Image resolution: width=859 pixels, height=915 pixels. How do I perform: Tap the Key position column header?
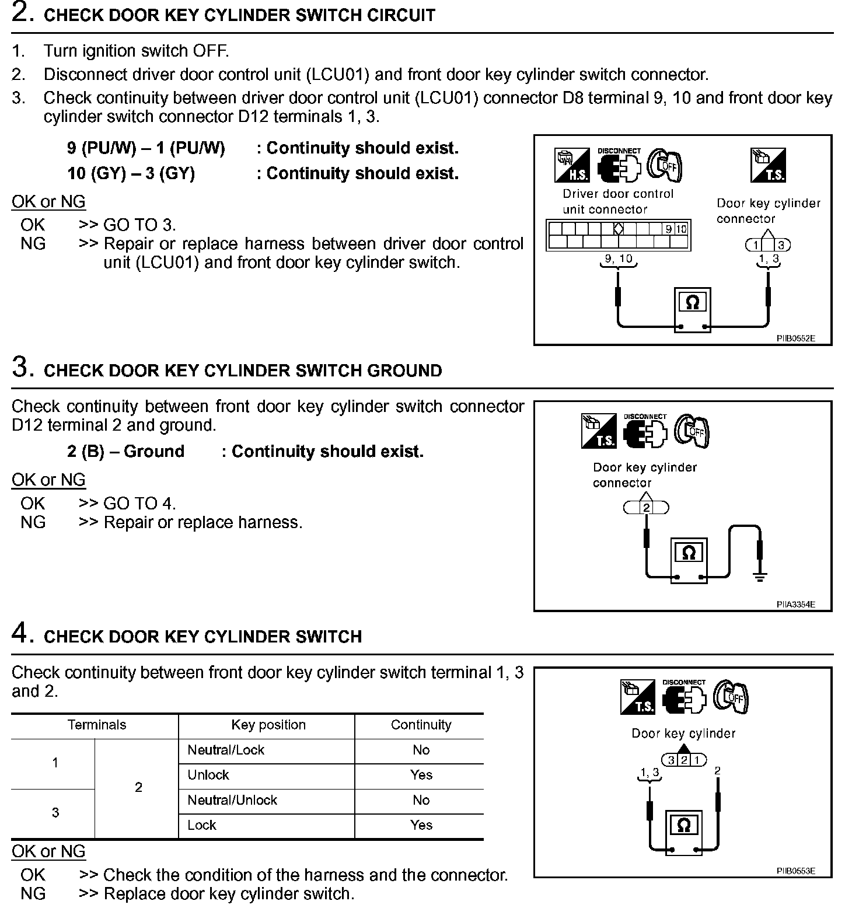pyautogui.click(x=268, y=725)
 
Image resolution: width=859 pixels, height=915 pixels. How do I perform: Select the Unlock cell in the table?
pyautogui.click(x=208, y=775)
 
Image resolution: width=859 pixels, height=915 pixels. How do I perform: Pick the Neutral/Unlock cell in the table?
pyautogui.click(x=232, y=800)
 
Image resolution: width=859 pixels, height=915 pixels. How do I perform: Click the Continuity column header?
pyautogui.click(x=421, y=725)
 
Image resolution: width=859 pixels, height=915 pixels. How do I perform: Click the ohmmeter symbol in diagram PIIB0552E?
pyautogui.click(x=692, y=303)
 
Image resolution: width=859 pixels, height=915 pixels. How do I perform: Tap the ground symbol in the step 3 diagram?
pyautogui.click(x=759, y=577)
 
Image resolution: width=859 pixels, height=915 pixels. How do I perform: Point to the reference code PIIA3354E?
pyautogui.click(x=795, y=605)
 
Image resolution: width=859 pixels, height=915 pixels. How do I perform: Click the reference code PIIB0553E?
pyautogui.click(x=795, y=871)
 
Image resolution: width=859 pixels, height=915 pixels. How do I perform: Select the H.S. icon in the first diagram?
pyautogui.click(x=571, y=165)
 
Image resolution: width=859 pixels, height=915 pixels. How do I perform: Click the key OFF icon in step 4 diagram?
pyautogui.click(x=731, y=697)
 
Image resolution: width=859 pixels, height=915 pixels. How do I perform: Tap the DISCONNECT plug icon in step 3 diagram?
pyautogui.click(x=645, y=432)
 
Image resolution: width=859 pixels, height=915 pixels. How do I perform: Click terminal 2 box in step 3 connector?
pyautogui.click(x=647, y=508)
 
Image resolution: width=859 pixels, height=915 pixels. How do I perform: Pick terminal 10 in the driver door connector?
pyautogui.click(x=682, y=229)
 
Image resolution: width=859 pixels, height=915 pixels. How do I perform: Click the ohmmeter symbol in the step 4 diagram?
pyautogui.click(x=684, y=826)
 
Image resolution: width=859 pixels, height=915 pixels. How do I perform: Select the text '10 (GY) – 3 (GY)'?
pyautogui.click(x=131, y=173)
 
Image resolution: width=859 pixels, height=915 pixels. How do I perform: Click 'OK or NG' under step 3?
pyautogui.click(x=48, y=480)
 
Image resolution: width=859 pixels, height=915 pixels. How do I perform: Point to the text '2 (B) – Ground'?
pyautogui.click(x=125, y=452)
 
